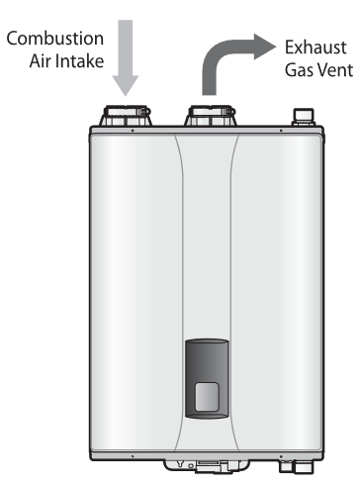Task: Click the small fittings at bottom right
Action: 290,462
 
